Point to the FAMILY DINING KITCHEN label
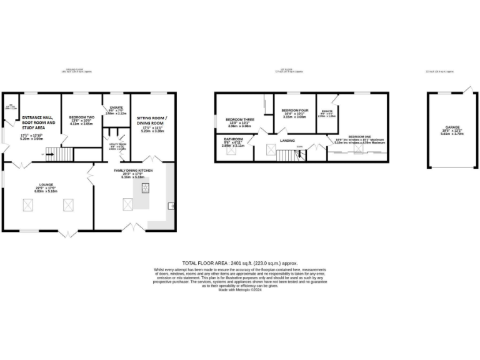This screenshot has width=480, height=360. pyautogui.click(x=132, y=170)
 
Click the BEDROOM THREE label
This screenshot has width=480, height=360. pyautogui.click(x=240, y=119)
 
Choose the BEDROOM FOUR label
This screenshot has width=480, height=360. pyautogui.click(x=294, y=110)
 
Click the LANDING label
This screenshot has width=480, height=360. pyautogui.click(x=287, y=141)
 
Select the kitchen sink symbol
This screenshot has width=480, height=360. pyautogui.click(x=170, y=206)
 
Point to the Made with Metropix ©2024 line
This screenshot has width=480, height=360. pyautogui.click(x=240, y=289)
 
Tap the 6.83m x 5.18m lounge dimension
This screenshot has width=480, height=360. pyautogui.click(x=46, y=191)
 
